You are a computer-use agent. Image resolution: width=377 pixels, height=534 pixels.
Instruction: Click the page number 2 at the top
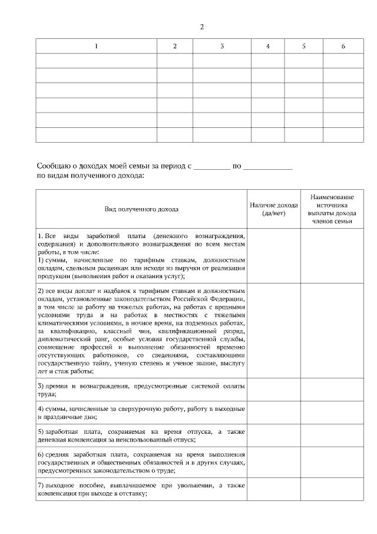[x=202, y=27]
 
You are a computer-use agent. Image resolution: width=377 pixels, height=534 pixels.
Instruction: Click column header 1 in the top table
[x=97, y=46]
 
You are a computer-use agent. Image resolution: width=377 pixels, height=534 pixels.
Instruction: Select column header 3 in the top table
[x=222, y=46]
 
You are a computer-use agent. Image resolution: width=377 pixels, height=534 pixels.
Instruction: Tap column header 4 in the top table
[x=268, y=46]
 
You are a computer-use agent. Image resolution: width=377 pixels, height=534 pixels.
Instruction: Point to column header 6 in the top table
[x=343, y=46]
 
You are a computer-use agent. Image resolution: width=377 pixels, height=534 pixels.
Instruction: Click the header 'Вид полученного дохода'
[x=141, y=209]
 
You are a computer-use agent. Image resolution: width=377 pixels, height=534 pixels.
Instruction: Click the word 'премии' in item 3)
[x=57, y=385]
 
